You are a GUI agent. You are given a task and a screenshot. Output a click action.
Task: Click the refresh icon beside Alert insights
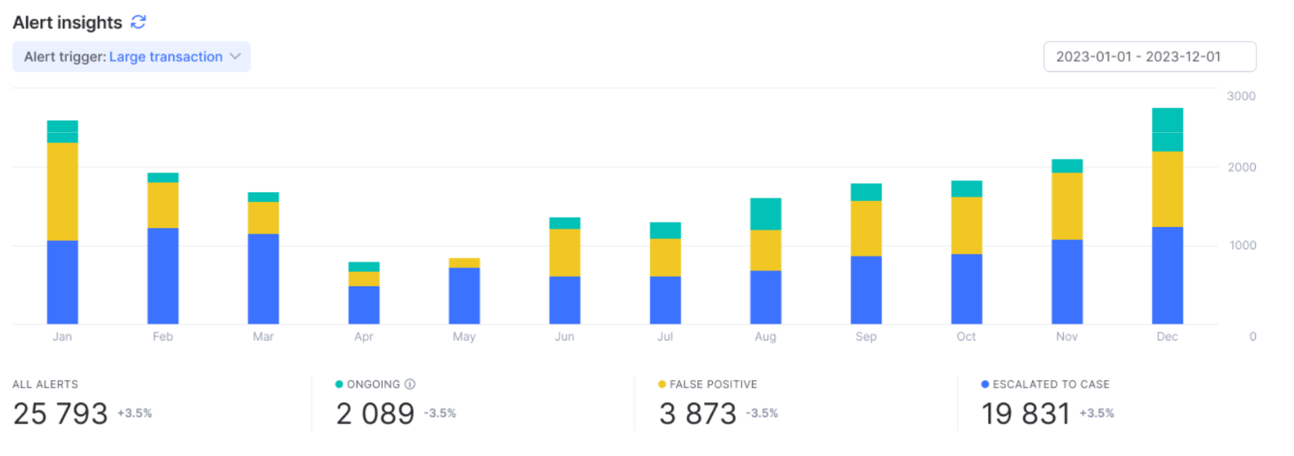coord(138,22)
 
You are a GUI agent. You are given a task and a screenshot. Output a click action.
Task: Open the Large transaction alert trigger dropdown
coord(131,57)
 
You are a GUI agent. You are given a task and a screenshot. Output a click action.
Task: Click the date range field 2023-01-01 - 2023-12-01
coord(1149,57)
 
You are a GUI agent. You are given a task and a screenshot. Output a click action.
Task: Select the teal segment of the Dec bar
coord(1167,130)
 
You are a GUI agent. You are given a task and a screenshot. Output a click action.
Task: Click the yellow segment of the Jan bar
coord(62,191)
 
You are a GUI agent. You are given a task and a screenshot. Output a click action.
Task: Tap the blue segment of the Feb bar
coord(163,276)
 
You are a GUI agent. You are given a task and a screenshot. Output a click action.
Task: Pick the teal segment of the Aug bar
coord(766,214)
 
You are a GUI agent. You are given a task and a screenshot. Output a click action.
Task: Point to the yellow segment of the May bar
coord(464,263)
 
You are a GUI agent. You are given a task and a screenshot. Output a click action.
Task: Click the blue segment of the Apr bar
coord(364,304)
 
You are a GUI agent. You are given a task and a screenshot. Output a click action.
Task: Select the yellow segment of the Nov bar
coord(1067,206)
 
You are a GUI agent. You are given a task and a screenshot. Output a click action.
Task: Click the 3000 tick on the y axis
coord(1241,96)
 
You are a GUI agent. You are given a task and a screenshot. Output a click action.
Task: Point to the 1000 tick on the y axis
coord(1242,245)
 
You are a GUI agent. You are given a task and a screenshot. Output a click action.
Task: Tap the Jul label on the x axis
coord(665,337)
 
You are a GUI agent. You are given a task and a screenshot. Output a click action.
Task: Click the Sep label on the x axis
coord(865,337)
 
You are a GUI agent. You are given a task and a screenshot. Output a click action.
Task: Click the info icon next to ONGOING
coord(410,384)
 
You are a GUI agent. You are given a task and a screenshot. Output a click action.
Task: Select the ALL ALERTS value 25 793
coord(61,413)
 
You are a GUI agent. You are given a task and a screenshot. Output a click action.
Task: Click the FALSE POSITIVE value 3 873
coord(697,413)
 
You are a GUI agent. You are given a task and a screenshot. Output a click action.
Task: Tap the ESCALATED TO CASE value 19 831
coord(1025,413)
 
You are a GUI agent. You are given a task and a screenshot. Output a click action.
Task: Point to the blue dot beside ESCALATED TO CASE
coord(985,384)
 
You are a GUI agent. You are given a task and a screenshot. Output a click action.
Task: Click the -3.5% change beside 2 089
coord(440,413)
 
